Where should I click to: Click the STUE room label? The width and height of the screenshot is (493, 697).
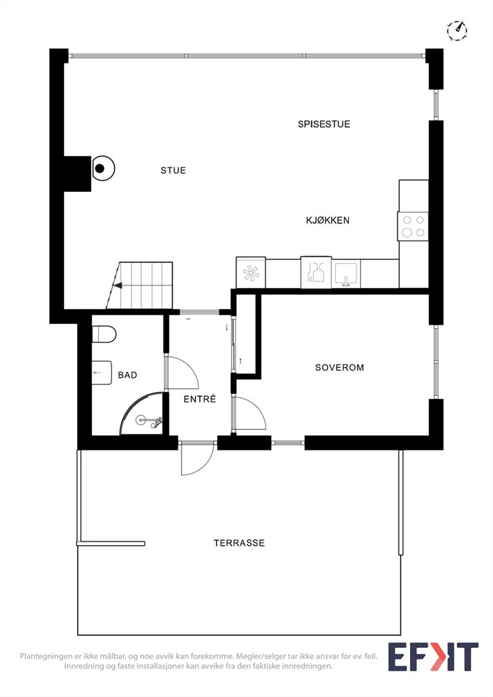coord(174,170)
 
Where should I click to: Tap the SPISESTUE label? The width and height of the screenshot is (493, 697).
coord(324,124)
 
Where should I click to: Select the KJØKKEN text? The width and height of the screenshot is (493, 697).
coord(328,220)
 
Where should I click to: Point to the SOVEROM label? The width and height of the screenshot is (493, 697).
coord(340,368)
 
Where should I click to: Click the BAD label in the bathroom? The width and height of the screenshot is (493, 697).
coord(127,375)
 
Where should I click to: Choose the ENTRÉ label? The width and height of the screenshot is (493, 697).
coord(200,399)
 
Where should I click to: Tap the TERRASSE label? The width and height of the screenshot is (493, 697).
coord(239,542)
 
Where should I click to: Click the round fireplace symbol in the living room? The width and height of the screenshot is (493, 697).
coord(103,169)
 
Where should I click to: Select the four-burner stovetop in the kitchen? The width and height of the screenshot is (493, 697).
coord(413,226)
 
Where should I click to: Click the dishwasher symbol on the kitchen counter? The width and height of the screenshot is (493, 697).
coord(316,272)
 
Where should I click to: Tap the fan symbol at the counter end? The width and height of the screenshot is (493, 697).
coord(251,272)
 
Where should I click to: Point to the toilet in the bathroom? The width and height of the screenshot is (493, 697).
coord(104,334)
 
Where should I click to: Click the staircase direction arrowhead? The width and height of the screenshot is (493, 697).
coord(118,286)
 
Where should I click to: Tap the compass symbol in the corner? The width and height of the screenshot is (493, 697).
coord(457,31)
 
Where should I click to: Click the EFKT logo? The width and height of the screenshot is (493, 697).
coord(433,657)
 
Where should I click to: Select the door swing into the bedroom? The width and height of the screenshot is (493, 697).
coord(249,413)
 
